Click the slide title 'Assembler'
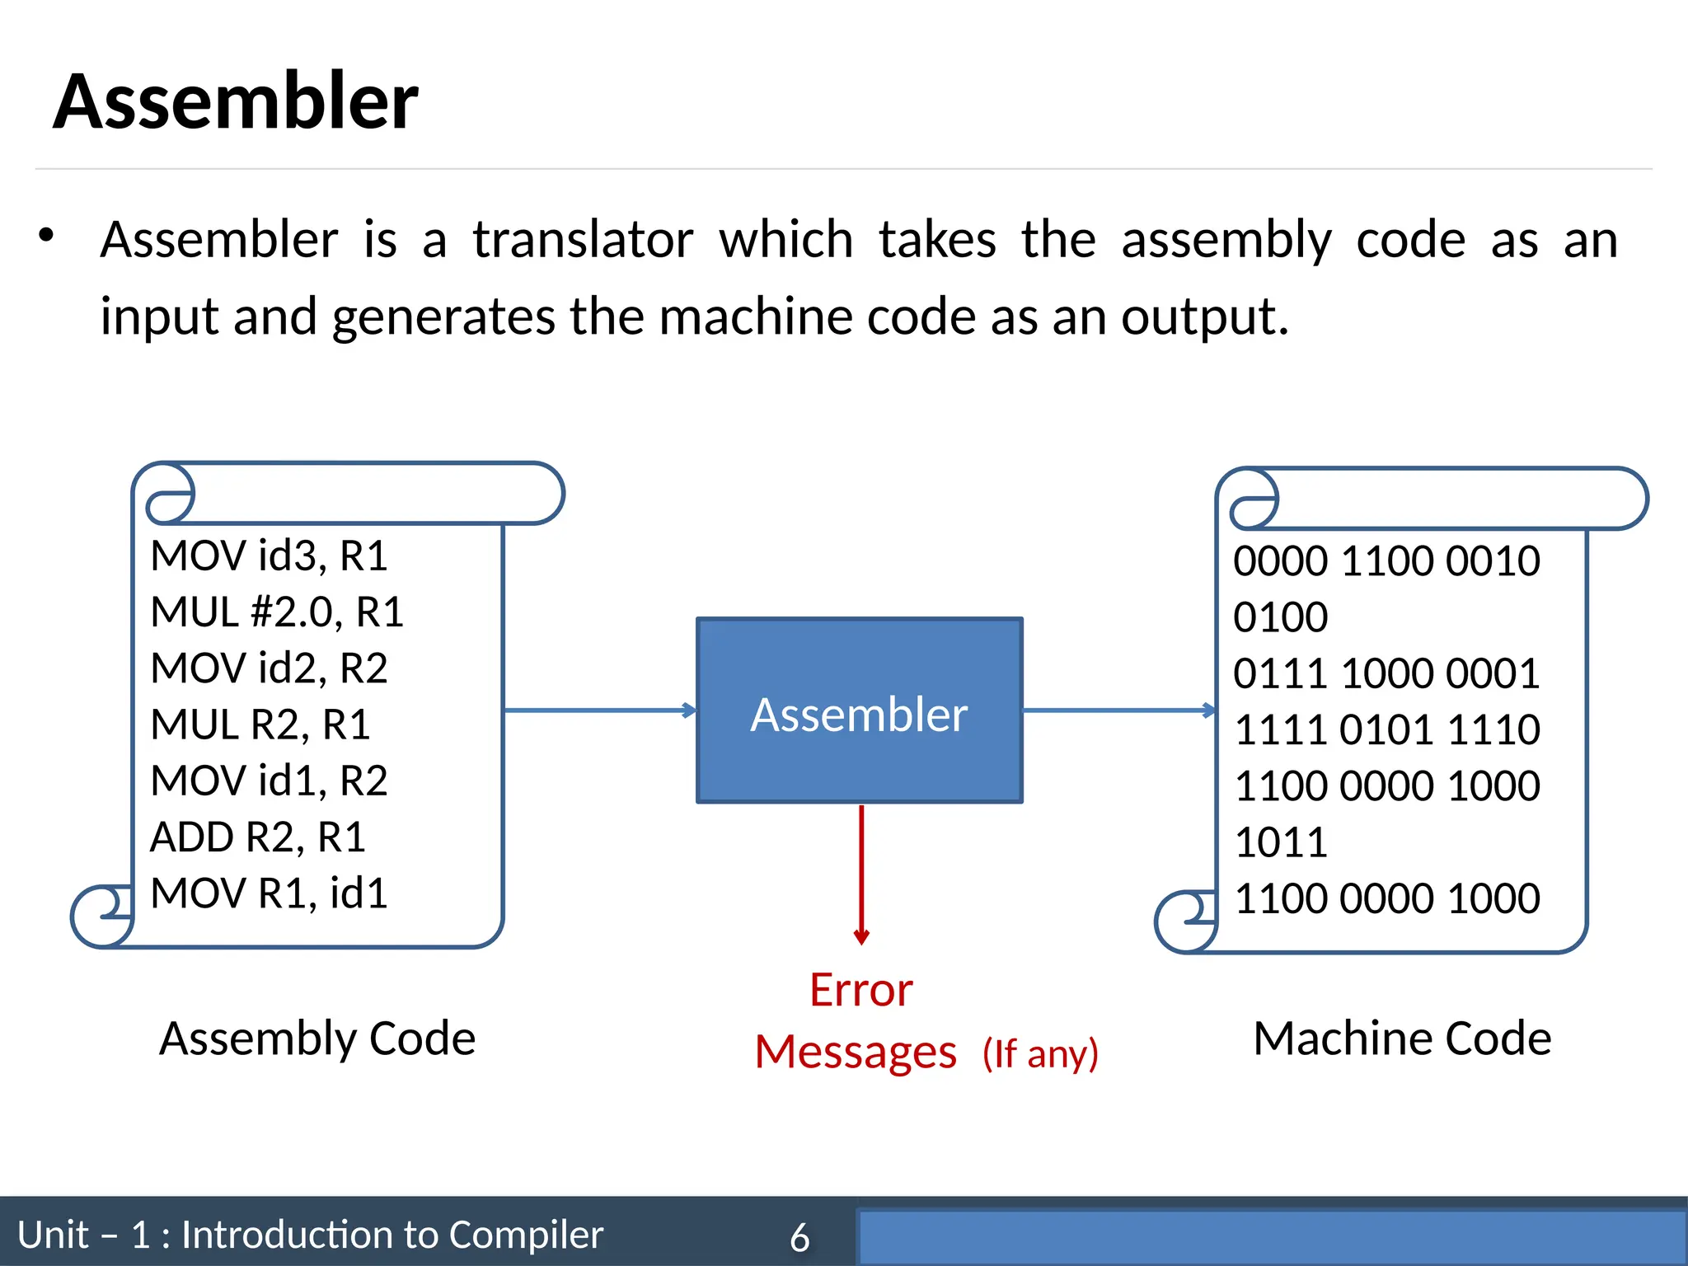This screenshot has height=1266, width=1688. [x=236, y=102]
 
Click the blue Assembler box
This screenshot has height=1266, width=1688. [x=859, y=710]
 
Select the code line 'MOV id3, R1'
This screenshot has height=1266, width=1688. [x=269, y=556]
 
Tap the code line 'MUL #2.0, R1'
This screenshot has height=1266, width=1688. [x=277, y=612]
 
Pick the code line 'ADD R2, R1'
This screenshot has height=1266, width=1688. [x=257, y=837]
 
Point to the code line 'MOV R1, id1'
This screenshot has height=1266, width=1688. [x=269, y=893]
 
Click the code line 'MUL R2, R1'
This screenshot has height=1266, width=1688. [x=260, y=725]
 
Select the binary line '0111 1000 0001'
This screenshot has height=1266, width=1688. [x=1386, y=673]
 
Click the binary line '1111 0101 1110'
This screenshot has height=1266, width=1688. [x=1386, y=729]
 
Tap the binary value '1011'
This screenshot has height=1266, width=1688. [x=1281, y=842]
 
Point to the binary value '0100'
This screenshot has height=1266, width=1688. [x=1281, y=617]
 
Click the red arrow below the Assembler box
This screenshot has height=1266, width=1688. [x=861, y=874]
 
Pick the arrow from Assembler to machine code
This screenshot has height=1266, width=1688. [x=1118, y=710]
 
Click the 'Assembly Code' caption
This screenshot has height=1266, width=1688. [x=317, y=1039]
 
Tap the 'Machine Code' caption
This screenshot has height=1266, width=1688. [x=1402, y=1039]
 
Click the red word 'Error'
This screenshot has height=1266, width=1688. [x=860, y=990]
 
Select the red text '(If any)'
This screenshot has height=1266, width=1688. [x=1040, y=1054]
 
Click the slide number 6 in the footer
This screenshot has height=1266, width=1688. [x=799, y=1237]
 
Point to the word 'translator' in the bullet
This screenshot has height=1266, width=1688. [x=583, y=241]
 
